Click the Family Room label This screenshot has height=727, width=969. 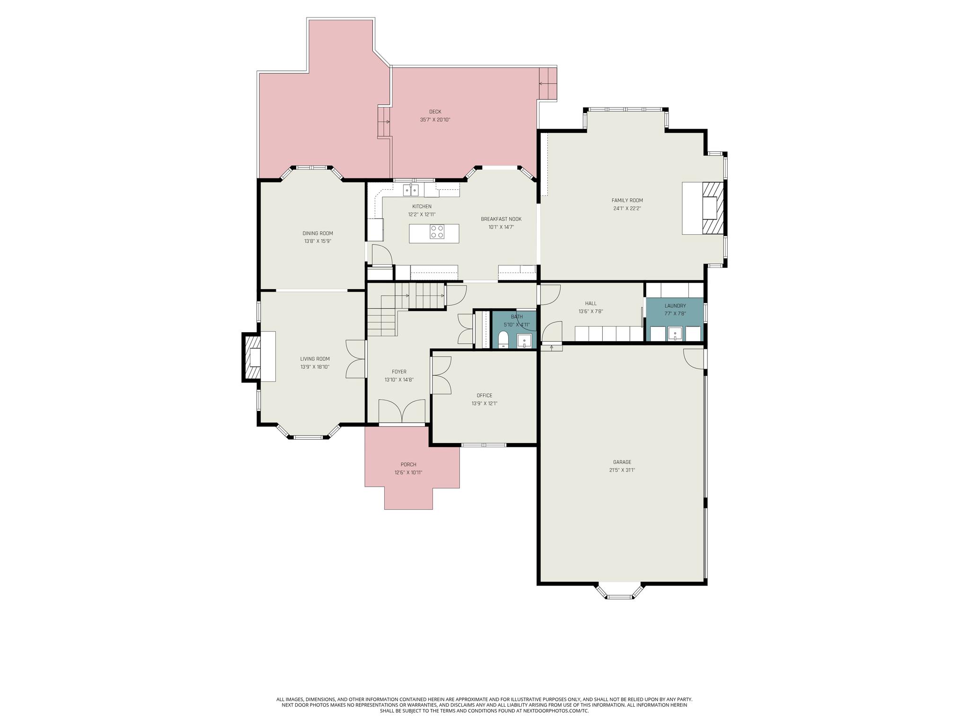click(627, 200)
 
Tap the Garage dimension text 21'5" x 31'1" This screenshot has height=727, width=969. click(622, 470)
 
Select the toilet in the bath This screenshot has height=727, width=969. click(503, 339)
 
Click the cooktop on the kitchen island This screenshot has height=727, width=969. click(437, 231)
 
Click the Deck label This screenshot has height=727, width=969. click(435, 112)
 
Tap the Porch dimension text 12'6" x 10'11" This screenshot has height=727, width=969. click(408, 472)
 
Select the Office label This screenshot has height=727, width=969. click(484, 396)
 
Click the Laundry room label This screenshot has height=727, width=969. click(675, 306)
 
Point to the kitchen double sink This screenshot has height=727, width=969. click(411, 190)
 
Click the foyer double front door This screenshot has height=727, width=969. click(402, 411)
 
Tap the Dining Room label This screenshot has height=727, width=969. click(318, 233)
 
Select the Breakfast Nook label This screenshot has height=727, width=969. click(501, 219)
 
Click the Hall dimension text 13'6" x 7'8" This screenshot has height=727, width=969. click(590, 311)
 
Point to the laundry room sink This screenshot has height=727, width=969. click(675, 334)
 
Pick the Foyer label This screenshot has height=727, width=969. click(399, 372)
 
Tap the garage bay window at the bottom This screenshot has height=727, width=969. click(620, 591)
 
